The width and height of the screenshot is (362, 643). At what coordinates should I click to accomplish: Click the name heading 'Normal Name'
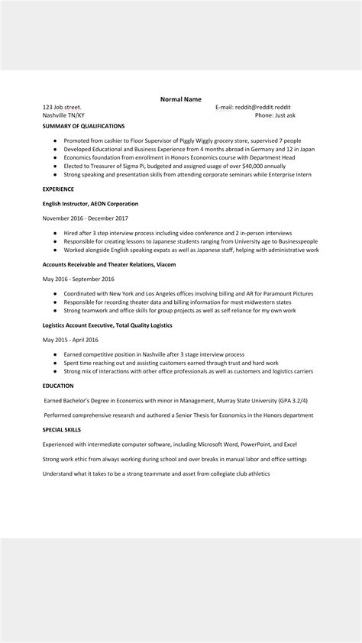coord(180,99)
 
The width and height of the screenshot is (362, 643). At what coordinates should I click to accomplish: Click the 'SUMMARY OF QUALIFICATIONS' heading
coord(83,125)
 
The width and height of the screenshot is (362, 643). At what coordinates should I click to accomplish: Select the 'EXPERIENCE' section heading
coord(58,189)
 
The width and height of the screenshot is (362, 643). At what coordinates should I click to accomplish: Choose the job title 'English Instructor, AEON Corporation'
coord(91,204)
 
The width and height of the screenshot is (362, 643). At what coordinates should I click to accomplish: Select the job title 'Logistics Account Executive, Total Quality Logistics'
coord(108,325)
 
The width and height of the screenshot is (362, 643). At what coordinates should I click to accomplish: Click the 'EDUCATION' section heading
coord(58,386)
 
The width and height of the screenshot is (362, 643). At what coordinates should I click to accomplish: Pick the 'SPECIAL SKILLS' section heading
coord(62,430)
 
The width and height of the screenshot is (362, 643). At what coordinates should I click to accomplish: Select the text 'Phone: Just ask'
coord(275,115)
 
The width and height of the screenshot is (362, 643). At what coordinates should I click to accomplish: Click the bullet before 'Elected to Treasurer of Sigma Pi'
coord(56,166)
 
